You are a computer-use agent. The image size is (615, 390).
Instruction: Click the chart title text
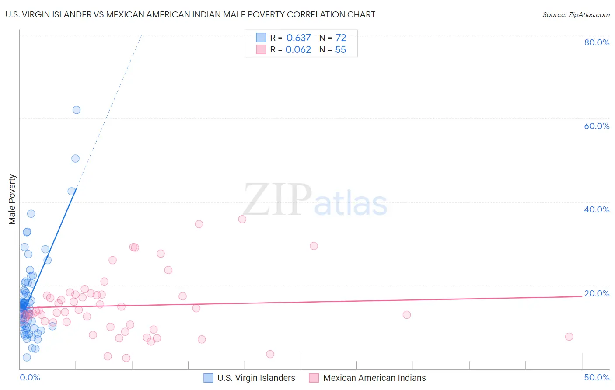click(x=190, y=14)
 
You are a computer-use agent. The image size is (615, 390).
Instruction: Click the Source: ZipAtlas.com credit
click(x=576, y=14)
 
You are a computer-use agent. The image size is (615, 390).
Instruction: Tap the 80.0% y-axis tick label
click(x=597, y=42)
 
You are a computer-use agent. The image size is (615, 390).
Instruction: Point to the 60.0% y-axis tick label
click(x=597, y=126)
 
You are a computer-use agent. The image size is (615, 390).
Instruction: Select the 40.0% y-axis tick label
click(x=597, y=209)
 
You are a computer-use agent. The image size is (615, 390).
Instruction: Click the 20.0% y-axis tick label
click(x=597, y=293)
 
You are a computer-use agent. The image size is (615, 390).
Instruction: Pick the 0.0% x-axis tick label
click(x=30, y=377)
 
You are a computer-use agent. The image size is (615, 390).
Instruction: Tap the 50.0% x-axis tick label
click(x=597, y=377)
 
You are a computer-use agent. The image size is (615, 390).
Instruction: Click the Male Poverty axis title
click(x=12, y=199)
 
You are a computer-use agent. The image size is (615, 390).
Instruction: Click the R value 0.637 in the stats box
click(x=298, y=38)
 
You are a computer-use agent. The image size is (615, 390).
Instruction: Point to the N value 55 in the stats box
click(x=340, y=50)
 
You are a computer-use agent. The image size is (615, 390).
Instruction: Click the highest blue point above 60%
click(x=77, y=110)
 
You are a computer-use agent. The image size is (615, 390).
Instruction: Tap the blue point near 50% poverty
click(x=75, y=159)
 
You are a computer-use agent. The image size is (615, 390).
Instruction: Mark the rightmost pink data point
click(x=569, y=337)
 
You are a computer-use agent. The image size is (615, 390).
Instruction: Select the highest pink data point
click(x=242, y=219)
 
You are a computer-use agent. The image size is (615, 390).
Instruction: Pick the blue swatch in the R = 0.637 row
click(x=261, y=38)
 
